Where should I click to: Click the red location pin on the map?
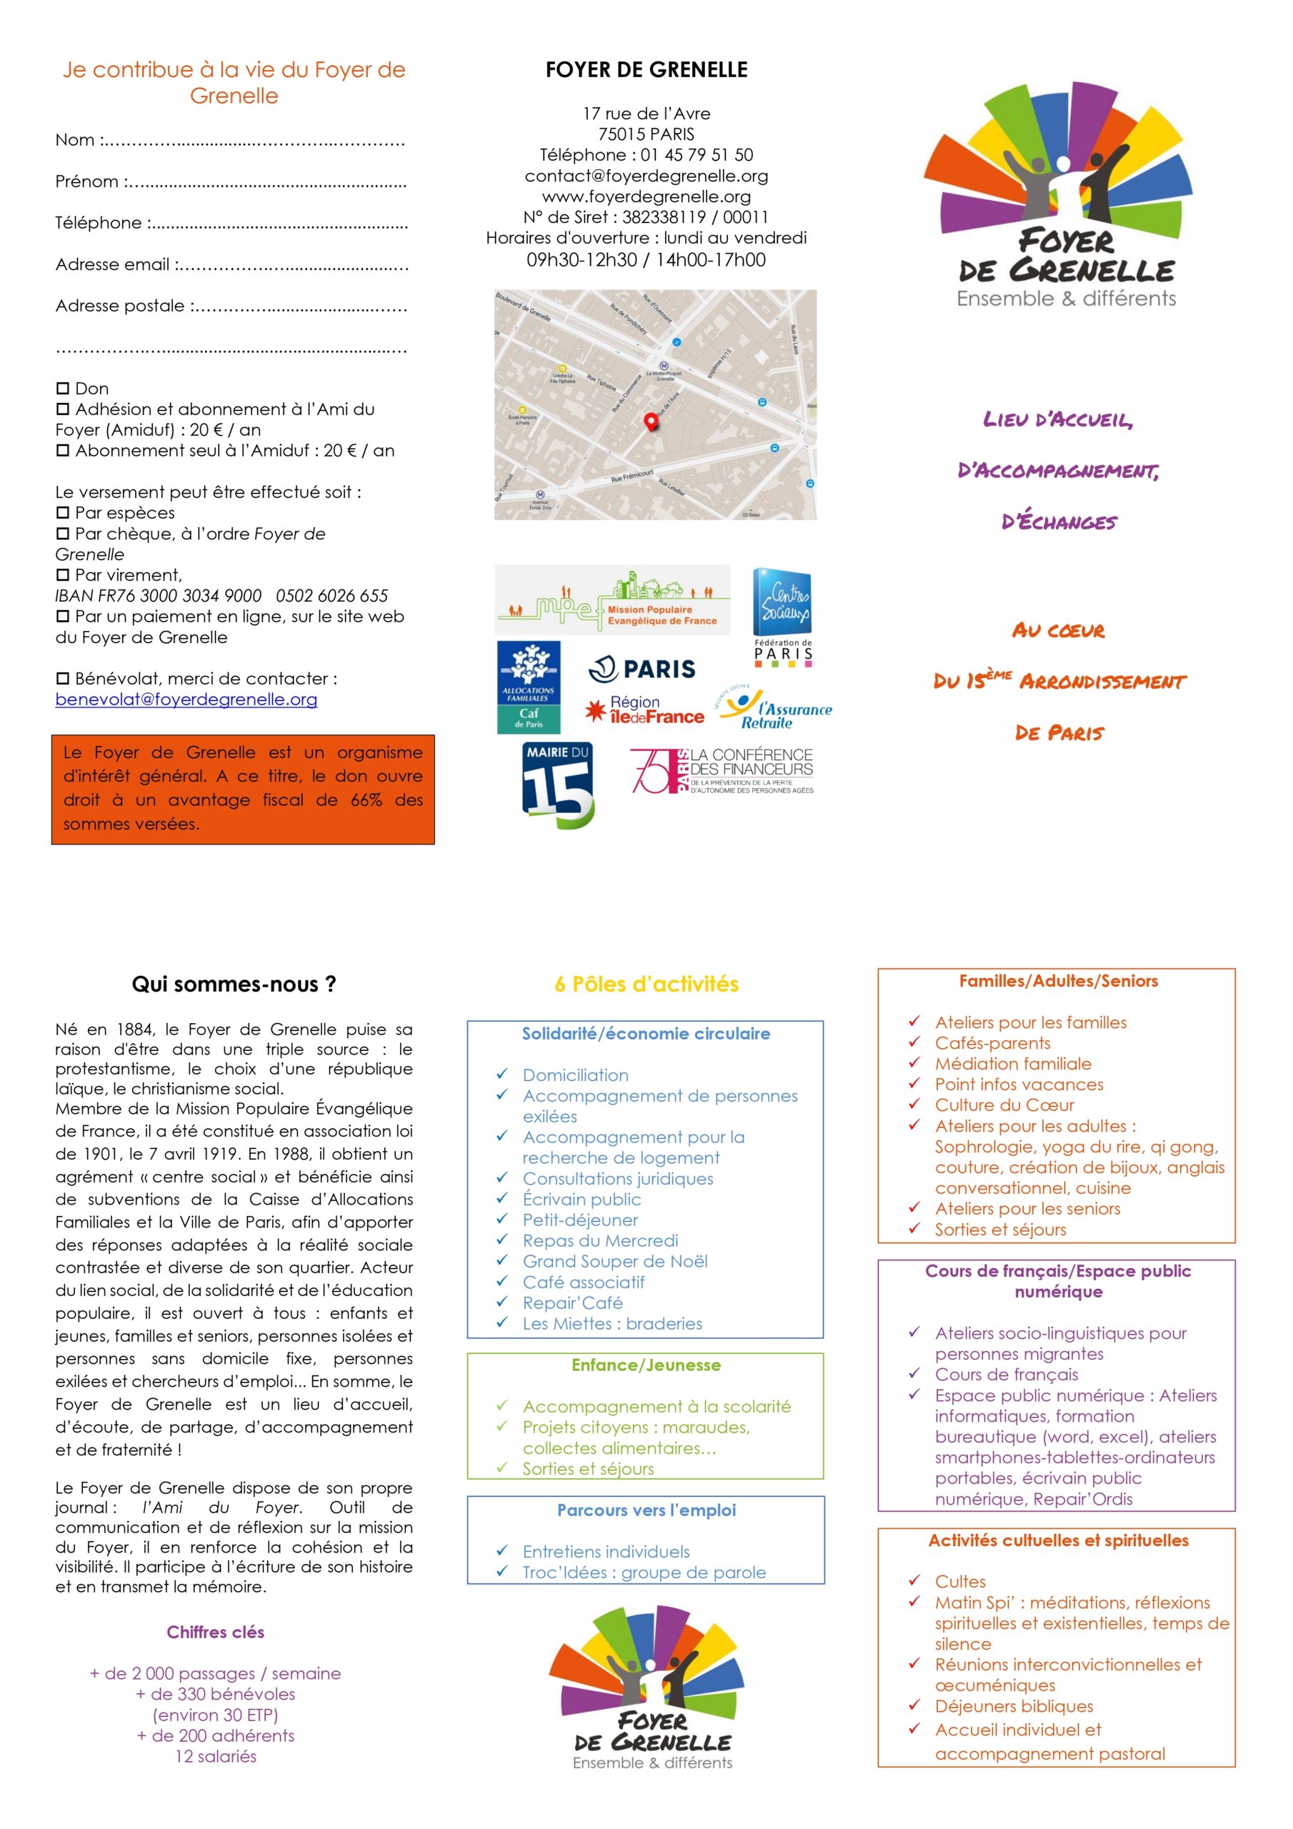tap(651, 422)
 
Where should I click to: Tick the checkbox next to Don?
tap(63, 389)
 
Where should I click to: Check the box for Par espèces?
tap(63, 513)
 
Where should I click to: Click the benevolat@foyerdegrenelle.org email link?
tap(186, 699)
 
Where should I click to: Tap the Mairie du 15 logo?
tap(559, 784)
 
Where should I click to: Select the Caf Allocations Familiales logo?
tap(529, 687)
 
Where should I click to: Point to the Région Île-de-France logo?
tap(645, 709)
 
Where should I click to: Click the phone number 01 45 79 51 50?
tap(697, 154)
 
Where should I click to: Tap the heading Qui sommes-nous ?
tap(234, 985)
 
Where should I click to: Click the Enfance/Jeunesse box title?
tap(646, 1365)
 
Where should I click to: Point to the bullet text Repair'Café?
tap(572, 1303)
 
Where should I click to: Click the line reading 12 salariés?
tap(216, 1757)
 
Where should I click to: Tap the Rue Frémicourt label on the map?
tap(631, 477)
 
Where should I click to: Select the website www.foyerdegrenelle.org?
tap(646, 196)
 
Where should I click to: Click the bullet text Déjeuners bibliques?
tap(1014, 1706)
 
